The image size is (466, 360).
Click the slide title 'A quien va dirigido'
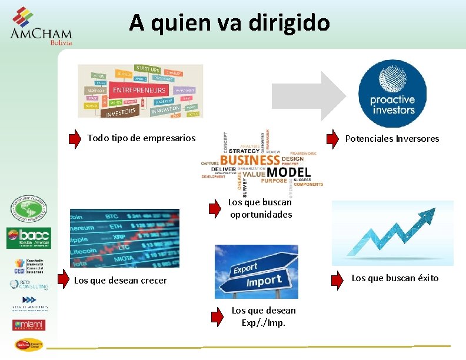pos(229,23)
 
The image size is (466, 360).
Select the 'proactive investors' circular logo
pos(392,94)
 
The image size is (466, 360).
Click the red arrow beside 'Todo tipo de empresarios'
pos(75,139)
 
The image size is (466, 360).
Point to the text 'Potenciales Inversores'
pos(392,139)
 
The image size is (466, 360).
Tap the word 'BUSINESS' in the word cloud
pos(250,159)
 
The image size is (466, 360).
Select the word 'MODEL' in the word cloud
pos(288,172)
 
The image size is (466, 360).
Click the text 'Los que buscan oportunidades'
pos(260,208)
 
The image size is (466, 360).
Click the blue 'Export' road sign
pos(245,269)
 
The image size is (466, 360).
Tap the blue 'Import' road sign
pos(264,282)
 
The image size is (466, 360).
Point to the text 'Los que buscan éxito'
pos(395,278)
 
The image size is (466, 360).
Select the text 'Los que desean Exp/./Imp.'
pos(264,316)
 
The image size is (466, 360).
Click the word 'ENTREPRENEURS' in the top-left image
pos(139,90)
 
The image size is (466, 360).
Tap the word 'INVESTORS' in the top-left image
pos(121,111)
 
